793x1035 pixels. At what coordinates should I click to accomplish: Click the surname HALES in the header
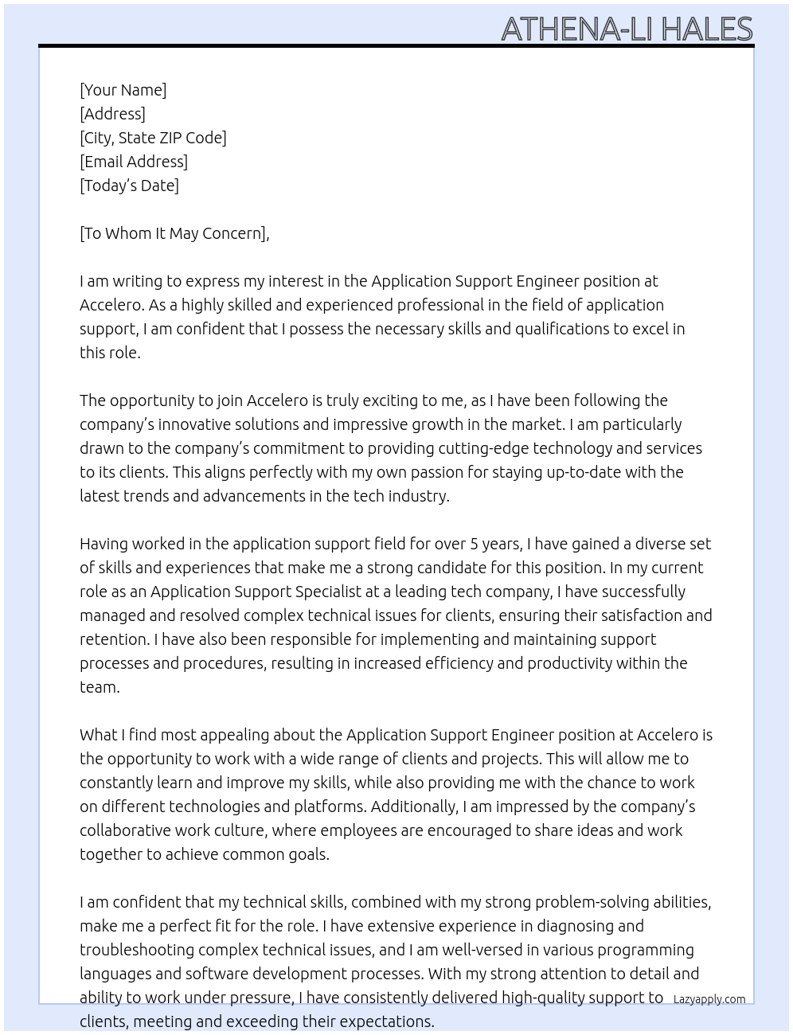[706, 29]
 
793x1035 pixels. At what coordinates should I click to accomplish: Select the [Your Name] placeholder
[123, 90]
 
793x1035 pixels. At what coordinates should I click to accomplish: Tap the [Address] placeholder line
[112, 114]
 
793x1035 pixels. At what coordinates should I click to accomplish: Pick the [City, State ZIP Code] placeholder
[153, 138]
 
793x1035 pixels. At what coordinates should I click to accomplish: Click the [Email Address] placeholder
[134, 162]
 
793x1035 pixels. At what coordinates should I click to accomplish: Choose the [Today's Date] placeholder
[129, 186]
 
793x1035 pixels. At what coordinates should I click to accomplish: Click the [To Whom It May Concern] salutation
[174, 233]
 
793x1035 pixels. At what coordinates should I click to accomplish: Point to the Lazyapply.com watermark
[709, 999]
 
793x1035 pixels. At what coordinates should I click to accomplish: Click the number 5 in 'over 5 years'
[474, 544]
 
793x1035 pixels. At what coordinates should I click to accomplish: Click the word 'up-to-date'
[583, 472]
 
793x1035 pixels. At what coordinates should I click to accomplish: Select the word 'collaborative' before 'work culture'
[127, 830]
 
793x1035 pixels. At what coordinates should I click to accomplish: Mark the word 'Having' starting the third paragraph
[104, 544]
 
